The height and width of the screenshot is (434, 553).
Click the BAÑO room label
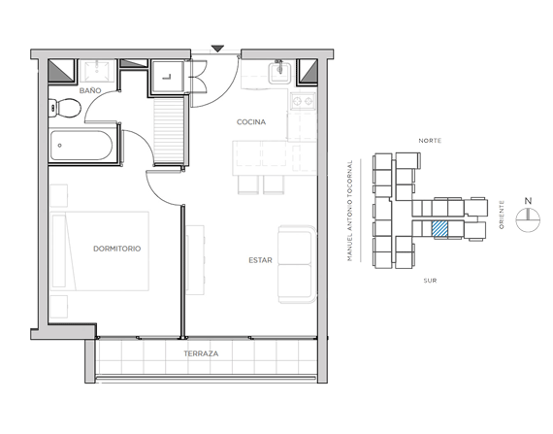[90, 90]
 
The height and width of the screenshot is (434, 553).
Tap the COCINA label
[251, 122]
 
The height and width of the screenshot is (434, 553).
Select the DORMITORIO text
[117, 249]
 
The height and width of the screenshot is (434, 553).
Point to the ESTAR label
[260, 260]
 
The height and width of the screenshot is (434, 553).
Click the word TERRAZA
[201, 353]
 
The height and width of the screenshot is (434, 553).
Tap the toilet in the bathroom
[65, 108]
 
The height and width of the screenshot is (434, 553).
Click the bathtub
[81, 146]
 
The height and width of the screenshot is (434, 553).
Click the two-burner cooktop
[303, 102]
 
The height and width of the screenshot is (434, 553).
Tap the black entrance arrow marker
[218, 49]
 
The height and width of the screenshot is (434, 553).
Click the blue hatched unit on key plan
[440, 228]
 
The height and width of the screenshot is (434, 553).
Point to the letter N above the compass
[528, 201]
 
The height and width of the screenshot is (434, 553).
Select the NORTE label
[430, 141]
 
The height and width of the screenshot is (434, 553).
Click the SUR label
[430, 281]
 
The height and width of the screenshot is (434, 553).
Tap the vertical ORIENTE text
[502, 215]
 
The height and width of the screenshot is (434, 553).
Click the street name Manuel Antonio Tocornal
[350, 211]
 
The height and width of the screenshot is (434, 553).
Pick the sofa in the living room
[297, 264]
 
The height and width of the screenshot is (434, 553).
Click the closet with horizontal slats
[169, 131]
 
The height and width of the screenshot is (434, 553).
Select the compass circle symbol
[528, 220]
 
